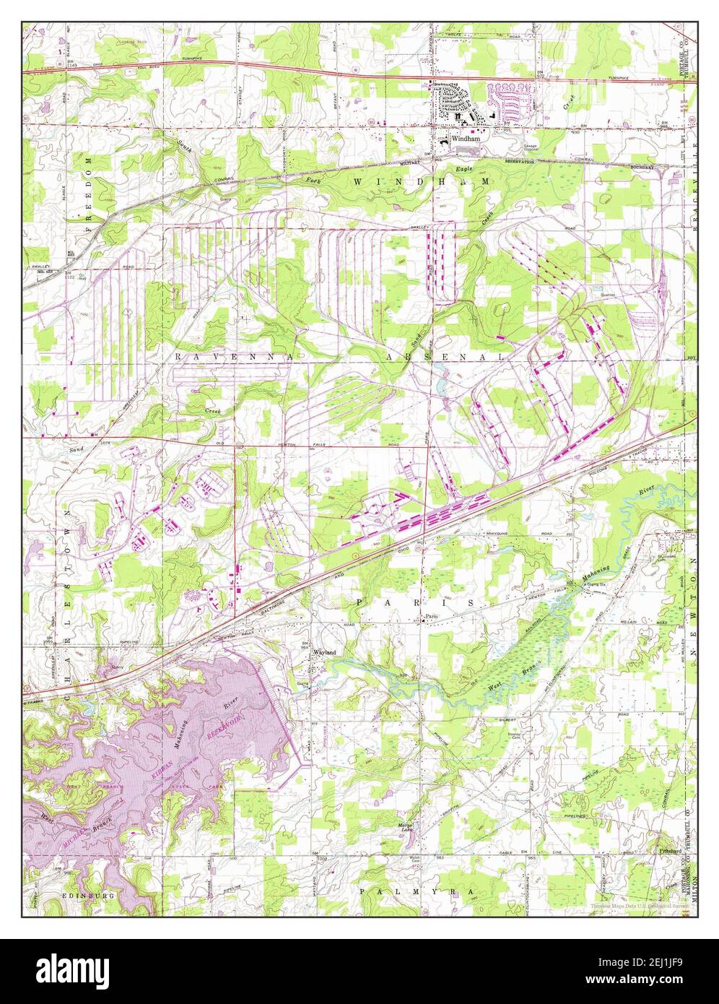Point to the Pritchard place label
click(x=670, y=852)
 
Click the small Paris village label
click(x=432, y=616)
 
